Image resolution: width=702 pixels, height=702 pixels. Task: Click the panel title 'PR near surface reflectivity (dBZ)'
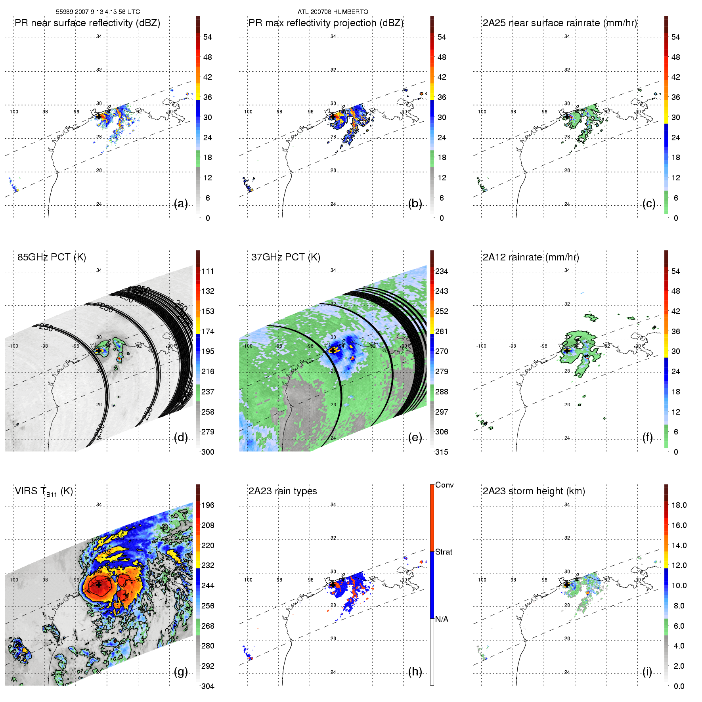(87, 23)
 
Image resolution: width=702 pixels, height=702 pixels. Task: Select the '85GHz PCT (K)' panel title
(52, 257)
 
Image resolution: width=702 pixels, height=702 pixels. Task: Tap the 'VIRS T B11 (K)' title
(44, 492)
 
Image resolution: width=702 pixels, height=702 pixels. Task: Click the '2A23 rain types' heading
(283, 491)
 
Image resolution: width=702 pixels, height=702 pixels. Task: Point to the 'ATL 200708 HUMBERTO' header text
(333, 12)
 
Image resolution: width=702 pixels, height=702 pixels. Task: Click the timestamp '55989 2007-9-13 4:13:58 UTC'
(98, 12)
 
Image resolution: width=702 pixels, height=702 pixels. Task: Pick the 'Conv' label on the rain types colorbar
(444, 485)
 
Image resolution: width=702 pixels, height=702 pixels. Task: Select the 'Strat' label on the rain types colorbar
(444, 552)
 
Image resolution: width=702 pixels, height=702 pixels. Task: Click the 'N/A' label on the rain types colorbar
(442, 619)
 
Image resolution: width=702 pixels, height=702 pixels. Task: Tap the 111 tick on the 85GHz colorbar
(208, 271)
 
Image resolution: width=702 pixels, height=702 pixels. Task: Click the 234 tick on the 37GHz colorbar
(442, 271)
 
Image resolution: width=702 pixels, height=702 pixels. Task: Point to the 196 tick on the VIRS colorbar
(208, 505)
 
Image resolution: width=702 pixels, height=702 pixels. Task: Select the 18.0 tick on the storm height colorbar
(679, 505)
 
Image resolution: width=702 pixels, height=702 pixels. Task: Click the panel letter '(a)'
(181, 204)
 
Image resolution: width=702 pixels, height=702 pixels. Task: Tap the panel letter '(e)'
(415, 438)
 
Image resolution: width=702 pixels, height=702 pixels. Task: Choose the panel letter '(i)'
(647, 671)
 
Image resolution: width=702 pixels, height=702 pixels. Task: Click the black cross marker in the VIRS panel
(98, 585)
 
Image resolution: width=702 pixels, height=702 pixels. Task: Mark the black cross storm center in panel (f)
(567, 351)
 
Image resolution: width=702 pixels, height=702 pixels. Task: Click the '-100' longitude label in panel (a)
(13, 112)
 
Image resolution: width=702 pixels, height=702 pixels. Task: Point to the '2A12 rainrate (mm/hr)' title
(531, 257)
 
